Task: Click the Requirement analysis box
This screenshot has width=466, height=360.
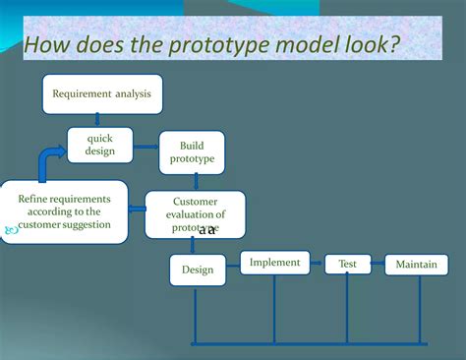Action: (102, 93)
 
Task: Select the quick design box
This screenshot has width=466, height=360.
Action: (100, 145)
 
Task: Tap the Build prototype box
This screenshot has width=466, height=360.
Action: (192, 151)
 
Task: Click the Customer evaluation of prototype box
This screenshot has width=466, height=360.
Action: (195, 214)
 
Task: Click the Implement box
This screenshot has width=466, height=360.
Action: (274, 263)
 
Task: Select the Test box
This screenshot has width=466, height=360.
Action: (348, 265)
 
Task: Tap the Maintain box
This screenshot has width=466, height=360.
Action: (417, 265)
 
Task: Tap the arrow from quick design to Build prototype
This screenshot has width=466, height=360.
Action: (146, 147)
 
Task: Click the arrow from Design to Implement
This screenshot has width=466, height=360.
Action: (233, 266)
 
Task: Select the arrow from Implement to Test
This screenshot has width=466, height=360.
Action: (318, 264)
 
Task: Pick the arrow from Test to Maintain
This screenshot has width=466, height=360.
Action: (378, 265)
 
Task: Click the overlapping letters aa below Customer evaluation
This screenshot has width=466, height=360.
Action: (207, 230)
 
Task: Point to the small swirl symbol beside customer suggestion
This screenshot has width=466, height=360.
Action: (12, 230)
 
